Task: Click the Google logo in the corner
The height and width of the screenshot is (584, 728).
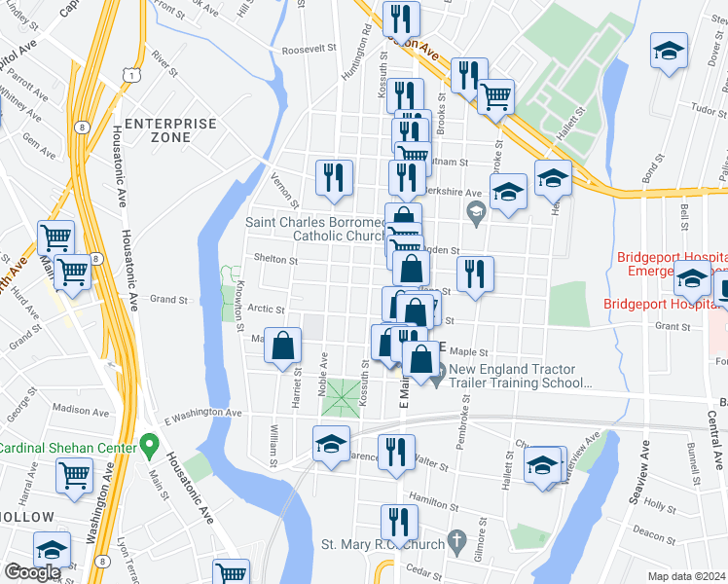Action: (x=32, y=572)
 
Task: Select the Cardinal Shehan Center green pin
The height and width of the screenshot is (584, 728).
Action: (x=148, y=447)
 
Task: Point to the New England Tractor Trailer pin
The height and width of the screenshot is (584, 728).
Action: (x=438, y=370)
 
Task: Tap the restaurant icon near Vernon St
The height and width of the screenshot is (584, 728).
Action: (x=334, y=177)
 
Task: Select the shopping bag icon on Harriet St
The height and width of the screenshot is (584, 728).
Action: (x=282, y=346)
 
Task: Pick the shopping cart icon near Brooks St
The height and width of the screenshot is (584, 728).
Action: (x=496, y=95)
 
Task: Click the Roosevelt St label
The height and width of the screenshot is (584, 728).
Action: (x=308, y=49)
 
